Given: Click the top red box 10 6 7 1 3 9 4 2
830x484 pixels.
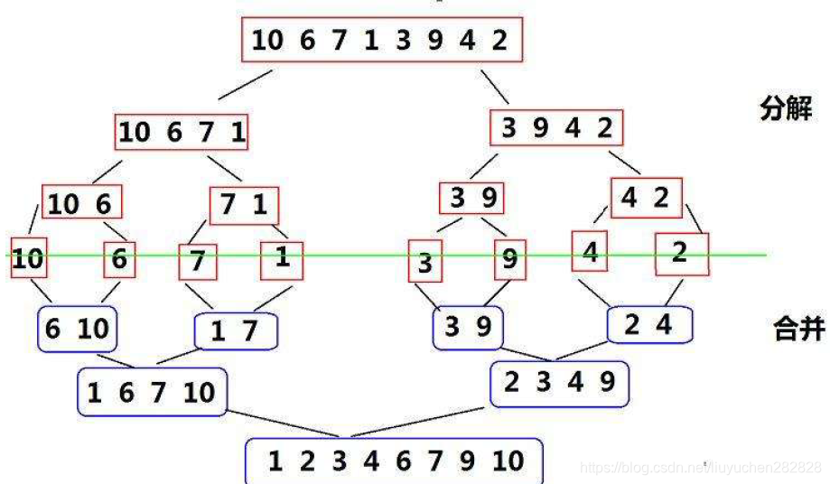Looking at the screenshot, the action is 381,40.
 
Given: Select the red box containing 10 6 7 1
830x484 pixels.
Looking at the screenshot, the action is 181,133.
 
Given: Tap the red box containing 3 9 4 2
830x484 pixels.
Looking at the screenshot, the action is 555,128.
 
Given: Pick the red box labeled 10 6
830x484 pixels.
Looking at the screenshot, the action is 81,204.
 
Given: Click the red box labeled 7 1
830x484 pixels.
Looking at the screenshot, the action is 244,206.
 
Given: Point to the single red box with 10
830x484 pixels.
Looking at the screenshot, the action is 28,258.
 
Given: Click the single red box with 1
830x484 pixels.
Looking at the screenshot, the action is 282,259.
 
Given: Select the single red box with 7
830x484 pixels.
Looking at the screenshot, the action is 198,262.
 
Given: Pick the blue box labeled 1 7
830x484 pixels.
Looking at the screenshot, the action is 236,330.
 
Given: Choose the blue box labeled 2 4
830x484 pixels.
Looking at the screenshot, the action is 648,324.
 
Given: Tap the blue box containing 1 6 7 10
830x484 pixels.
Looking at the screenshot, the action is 152,392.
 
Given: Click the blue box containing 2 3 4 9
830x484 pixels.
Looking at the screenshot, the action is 559,384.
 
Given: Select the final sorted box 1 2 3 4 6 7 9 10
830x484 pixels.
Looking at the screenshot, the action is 395,461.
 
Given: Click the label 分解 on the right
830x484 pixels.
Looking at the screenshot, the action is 785,110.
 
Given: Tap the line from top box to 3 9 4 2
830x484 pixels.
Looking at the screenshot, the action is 494,83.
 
